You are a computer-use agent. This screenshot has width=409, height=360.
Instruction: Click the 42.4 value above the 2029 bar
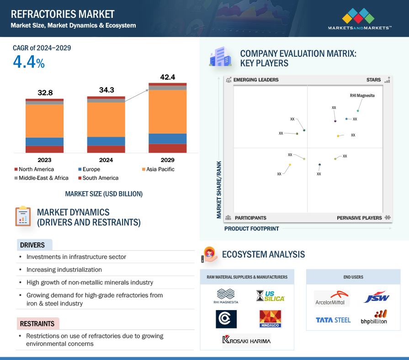[167, 77]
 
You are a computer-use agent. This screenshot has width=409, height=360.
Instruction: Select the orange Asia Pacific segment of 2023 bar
[45, 121]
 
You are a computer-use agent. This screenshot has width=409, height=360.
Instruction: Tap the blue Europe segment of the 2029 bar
[167, 139]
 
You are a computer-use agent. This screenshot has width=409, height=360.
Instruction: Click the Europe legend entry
[89, 169]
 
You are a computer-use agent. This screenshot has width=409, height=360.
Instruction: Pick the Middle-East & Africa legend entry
[42, 178]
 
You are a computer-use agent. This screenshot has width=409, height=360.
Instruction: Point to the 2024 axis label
[106, 160]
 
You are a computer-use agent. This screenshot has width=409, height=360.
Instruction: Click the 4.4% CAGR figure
[29, 62]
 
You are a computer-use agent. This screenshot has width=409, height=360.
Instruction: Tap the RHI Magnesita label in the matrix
[362, 96]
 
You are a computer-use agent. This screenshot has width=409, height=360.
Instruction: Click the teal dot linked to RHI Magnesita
[358, 111]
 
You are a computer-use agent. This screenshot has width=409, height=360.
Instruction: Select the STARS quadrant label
[373, 80]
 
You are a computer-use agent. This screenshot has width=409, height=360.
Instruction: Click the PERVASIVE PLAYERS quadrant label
[359, 218]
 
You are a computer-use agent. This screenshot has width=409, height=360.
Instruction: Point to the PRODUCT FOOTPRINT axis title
[251, 229]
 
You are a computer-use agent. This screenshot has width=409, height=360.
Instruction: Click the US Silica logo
[271, 296]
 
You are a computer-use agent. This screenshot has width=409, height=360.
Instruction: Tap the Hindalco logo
[271, 319]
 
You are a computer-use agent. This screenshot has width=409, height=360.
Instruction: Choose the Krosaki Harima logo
[246, 340]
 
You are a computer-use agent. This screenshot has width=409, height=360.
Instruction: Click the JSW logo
[377, 297]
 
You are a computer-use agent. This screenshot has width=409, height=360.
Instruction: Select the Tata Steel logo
[333, 320]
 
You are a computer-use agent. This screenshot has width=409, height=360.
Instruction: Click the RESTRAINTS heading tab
[38, 323]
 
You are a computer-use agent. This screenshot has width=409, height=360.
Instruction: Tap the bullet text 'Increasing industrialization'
[64, 269]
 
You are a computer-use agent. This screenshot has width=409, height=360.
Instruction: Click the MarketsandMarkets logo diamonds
[358, 16]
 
